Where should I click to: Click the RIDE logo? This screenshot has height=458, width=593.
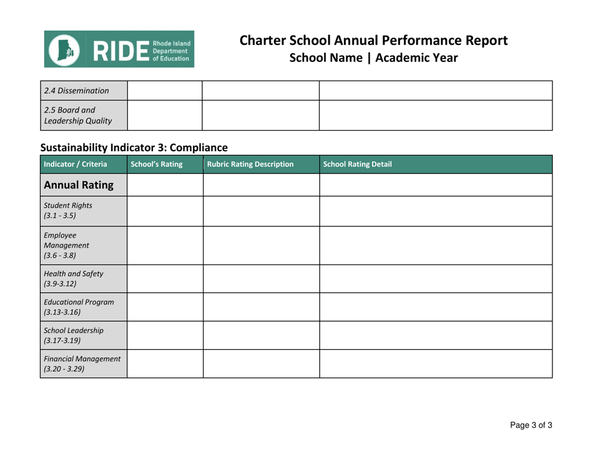[x=119, y=49]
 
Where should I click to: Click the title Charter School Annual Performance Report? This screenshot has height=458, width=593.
[x=373, y=41]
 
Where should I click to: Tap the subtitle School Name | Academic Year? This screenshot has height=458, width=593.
[x=373, y=58]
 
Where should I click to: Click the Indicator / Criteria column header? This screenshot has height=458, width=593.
[x=74, y=164]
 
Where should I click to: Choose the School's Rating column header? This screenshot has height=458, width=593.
[x=156, y=164]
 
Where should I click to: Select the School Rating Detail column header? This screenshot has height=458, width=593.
[x=358, y=164]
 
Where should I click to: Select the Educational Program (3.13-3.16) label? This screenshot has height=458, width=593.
[x=74, y=306]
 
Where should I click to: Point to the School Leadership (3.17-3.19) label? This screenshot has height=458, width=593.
[x=67, y=335]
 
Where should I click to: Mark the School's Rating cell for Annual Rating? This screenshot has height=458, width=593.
[x=165, y=185]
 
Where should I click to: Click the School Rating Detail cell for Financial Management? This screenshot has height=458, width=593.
[x=436, y=364]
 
